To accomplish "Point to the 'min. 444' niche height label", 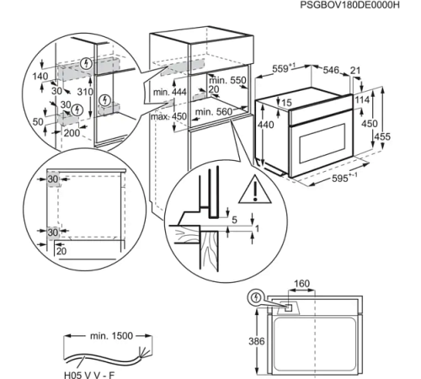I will pyautogui.click(x=168, y=90).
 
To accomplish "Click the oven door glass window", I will pyautogui.click(x=304, y=136).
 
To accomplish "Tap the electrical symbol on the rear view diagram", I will pyautogui.click(x=255, y=297).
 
